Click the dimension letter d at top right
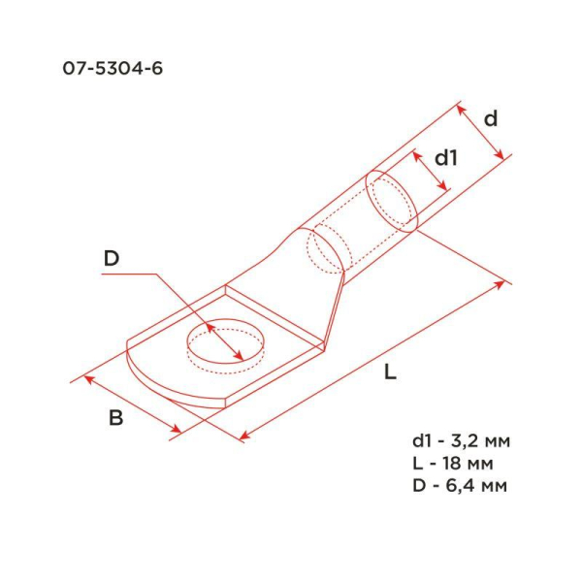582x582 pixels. click(491, 119)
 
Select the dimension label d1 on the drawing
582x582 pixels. click(445, 157)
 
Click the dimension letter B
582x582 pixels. click(115, 419)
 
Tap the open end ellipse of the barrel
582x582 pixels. click(392, 202)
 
